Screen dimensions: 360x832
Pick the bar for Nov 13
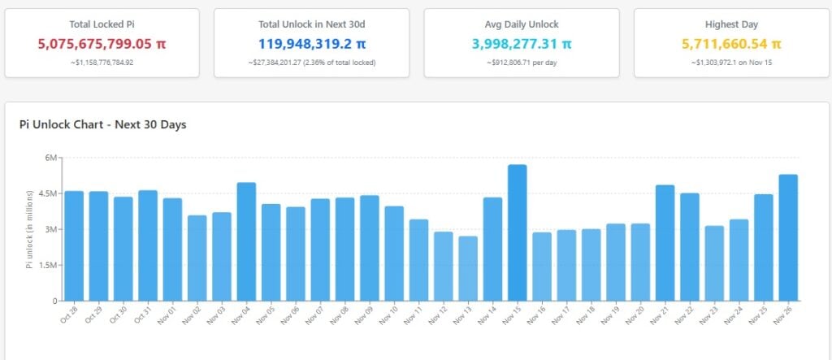coord(468,268)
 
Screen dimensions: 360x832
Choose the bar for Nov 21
coord(665,243)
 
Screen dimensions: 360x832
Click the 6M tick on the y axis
coord(50,158)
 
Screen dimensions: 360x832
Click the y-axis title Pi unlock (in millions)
coord(30,229)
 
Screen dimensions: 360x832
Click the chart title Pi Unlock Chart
coord(103,124)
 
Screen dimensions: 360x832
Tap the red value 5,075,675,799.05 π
coord(102,43)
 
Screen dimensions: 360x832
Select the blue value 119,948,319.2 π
coord(311,43)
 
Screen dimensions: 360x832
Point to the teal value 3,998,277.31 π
coord(521,43)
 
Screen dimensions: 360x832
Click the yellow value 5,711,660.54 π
coord(730,43)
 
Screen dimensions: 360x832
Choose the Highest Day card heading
coord(730,24)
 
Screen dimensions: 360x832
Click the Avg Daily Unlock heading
coord(521,24)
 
